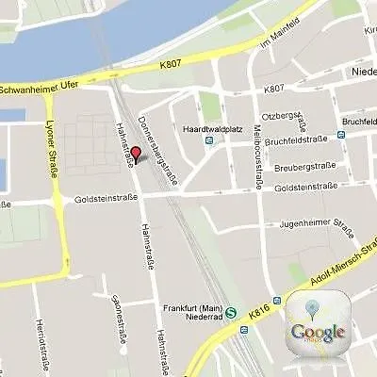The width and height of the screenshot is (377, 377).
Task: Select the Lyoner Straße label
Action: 50,146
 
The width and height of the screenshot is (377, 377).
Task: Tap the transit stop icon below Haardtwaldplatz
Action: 209,141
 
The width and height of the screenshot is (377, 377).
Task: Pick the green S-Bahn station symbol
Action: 244,331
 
